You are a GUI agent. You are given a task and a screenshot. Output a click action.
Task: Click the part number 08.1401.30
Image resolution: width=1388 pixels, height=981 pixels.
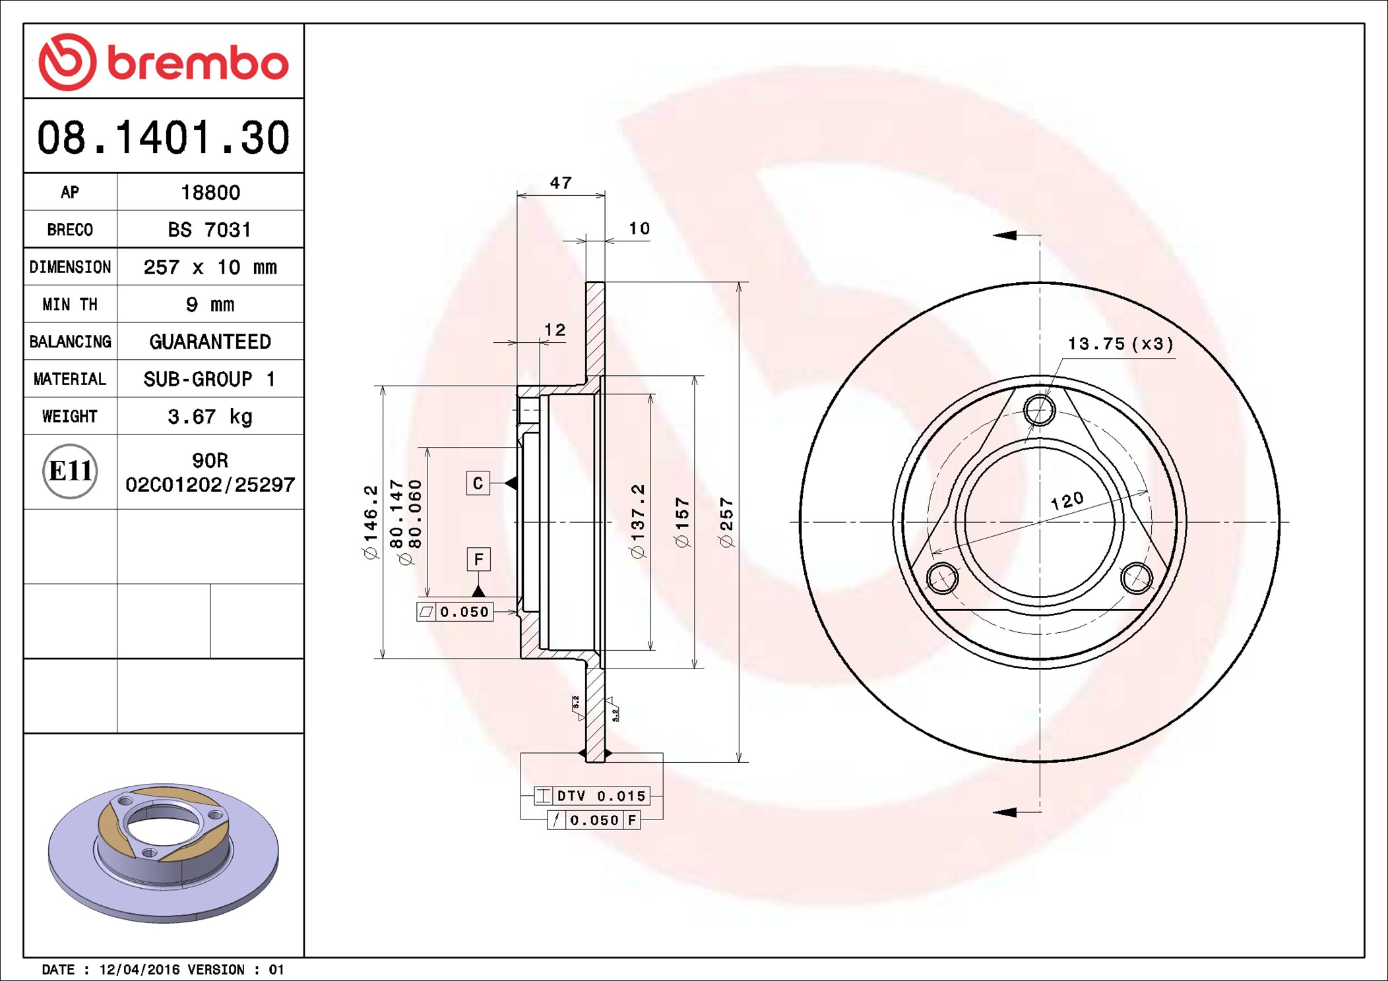point(163,137)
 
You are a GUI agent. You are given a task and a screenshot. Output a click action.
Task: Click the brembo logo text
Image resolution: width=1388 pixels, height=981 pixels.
point(198,63)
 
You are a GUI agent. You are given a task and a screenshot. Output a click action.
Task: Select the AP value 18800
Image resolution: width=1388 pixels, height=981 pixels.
point(210,193)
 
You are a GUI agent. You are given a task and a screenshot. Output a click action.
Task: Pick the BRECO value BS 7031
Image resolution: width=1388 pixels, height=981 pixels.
point(210,229)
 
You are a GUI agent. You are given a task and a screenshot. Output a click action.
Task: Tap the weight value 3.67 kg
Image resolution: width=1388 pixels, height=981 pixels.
point(210,417)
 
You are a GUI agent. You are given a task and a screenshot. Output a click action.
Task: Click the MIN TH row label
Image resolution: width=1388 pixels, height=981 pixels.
point(70,304)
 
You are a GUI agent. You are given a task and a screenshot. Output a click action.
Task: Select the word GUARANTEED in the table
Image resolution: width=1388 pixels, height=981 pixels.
point(210,342)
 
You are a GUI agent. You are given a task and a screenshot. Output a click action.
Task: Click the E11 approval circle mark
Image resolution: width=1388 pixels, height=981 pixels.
point(70,471)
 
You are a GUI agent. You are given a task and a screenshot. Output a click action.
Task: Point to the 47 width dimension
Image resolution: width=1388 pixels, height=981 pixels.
point(561,183)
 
